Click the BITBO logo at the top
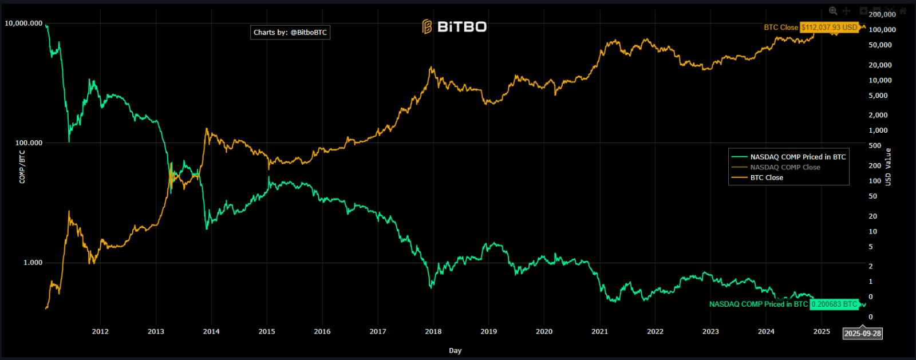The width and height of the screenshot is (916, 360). tap(455, 27)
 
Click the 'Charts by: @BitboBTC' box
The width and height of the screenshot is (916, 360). tap(290, 33)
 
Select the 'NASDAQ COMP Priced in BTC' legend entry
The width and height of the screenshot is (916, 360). tap(797, 157)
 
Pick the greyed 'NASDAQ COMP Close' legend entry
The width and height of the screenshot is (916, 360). tap(785, 167)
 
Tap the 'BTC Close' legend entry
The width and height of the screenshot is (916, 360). tap(767, 177)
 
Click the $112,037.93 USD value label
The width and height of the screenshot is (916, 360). tap(829, 27)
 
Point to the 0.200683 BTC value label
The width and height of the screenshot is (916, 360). tap(834, 304)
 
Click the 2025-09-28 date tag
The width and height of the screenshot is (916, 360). tap(863, 333)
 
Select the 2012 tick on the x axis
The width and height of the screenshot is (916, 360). tap(100, 331)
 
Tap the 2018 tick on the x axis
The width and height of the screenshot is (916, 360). tap(433, 331)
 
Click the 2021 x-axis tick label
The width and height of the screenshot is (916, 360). tap(599, 331)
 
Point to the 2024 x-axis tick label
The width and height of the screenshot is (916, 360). tap(766, 331)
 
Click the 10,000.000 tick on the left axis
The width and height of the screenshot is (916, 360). tap(23, 23)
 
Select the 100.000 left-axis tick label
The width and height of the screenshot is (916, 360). tap(29, 143)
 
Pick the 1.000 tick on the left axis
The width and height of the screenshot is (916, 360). tap(33, 263)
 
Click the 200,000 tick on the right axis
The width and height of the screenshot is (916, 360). tap(882, 14)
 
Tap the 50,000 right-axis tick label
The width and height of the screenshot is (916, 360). tap(880, 45)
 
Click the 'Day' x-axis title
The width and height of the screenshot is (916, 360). tap(455, 350)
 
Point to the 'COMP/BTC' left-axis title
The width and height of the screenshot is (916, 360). tap(22, 167)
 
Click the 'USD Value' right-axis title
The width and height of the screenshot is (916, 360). tap(888, 167)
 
